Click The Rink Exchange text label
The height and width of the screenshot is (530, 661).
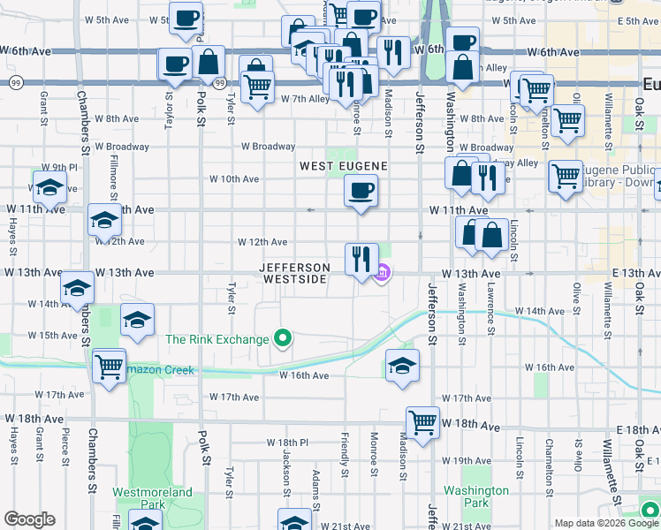(x=217, y=339)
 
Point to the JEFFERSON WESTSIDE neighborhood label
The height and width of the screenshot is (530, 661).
(x=295, y=273)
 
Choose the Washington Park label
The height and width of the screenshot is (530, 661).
(x=476, y=496)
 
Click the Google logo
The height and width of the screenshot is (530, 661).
(x=29, y=519)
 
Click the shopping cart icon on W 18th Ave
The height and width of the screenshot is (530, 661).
(x=423, y=421)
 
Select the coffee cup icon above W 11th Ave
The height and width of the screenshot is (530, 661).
(x=360, y=189)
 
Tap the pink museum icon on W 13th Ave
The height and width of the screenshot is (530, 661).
(x=383, y=274)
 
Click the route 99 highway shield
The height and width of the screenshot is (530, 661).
(x=17, y=82)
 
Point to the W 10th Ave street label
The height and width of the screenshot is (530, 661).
(x=234, y=179)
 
